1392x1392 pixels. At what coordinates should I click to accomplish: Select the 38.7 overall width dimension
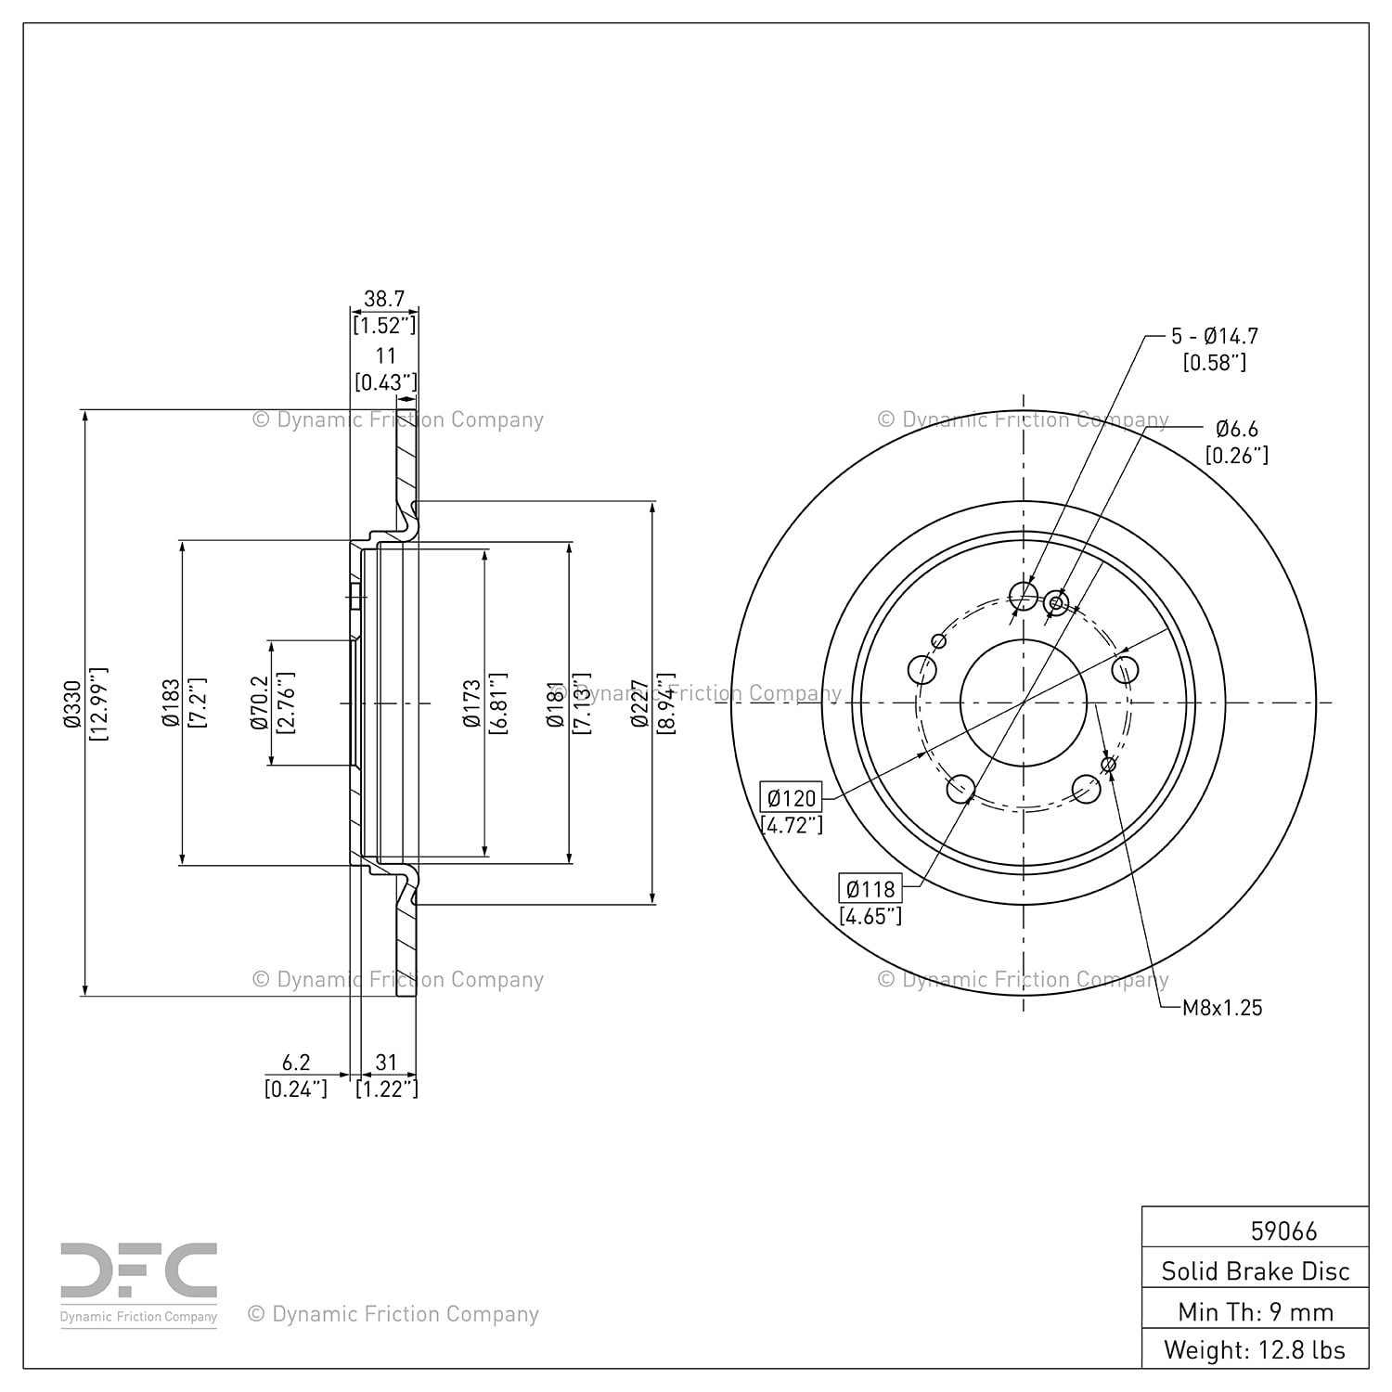[x=384, y=299]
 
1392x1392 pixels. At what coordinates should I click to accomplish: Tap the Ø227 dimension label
[x=639, y=702]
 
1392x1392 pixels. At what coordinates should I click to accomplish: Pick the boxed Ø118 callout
[x=870, y=889]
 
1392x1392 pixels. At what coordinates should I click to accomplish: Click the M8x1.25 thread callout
[x=1222, y=1008]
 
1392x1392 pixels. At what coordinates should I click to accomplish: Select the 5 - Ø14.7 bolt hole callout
[x=1214, y=336]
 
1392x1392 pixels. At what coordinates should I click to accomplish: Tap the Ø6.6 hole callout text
[x=1237, y=429]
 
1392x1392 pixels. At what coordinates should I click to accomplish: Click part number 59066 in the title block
[x=1283, y=1231]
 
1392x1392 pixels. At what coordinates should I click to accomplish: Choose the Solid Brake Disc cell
[x=1255, y=1270]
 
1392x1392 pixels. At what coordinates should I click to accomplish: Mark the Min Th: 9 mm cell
[x=1255, y=1311]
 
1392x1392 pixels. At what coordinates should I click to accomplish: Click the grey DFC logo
[x=139, y=1271]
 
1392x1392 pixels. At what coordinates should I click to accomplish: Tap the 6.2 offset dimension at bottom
[x=296, y=1063]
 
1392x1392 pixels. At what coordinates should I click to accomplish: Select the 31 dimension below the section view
[x=385, y=1063]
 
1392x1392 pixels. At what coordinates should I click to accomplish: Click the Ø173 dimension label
[x=472, y=702]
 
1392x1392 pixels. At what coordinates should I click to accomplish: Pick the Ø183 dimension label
[x=171, y=702]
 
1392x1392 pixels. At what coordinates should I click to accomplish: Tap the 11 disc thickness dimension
[x=385, y=355]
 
